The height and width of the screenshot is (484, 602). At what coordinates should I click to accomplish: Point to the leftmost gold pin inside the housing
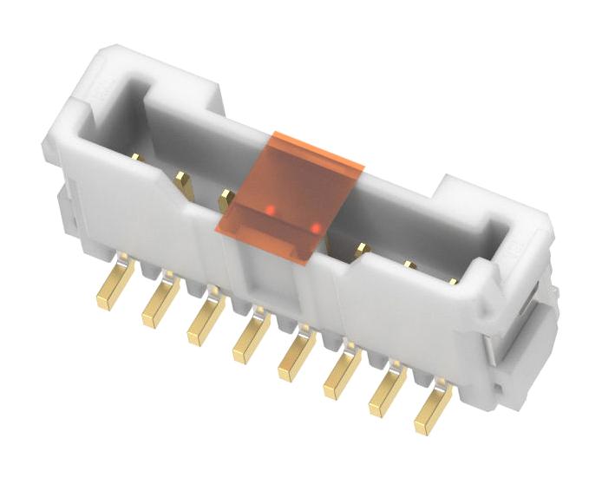coord(136,157)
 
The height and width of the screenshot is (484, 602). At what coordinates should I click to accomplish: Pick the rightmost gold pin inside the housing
coord(453,281)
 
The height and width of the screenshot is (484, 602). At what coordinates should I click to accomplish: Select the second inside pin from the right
coord(409,265)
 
